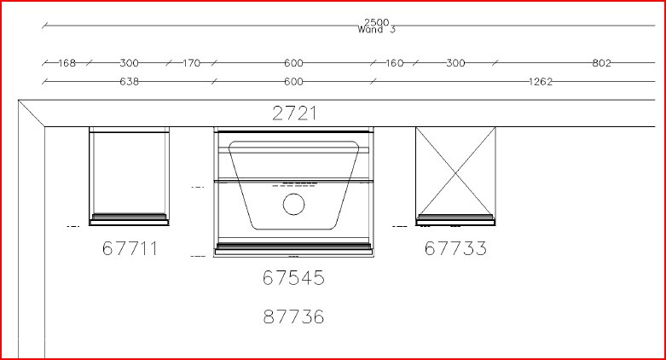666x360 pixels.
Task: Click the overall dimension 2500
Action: [376, 22]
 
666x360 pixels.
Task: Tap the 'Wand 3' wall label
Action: [376, 29]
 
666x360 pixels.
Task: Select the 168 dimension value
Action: [67, 63]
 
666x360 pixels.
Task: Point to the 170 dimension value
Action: [191, 63]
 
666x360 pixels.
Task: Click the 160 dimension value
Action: [394, 63]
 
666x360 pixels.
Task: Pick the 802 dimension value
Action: [601, 63]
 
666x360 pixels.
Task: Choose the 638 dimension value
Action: [129, 82]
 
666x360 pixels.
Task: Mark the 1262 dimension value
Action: [541, 82]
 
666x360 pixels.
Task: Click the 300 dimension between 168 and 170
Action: [129, 63]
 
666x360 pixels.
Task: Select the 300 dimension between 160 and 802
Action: [455, 63]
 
